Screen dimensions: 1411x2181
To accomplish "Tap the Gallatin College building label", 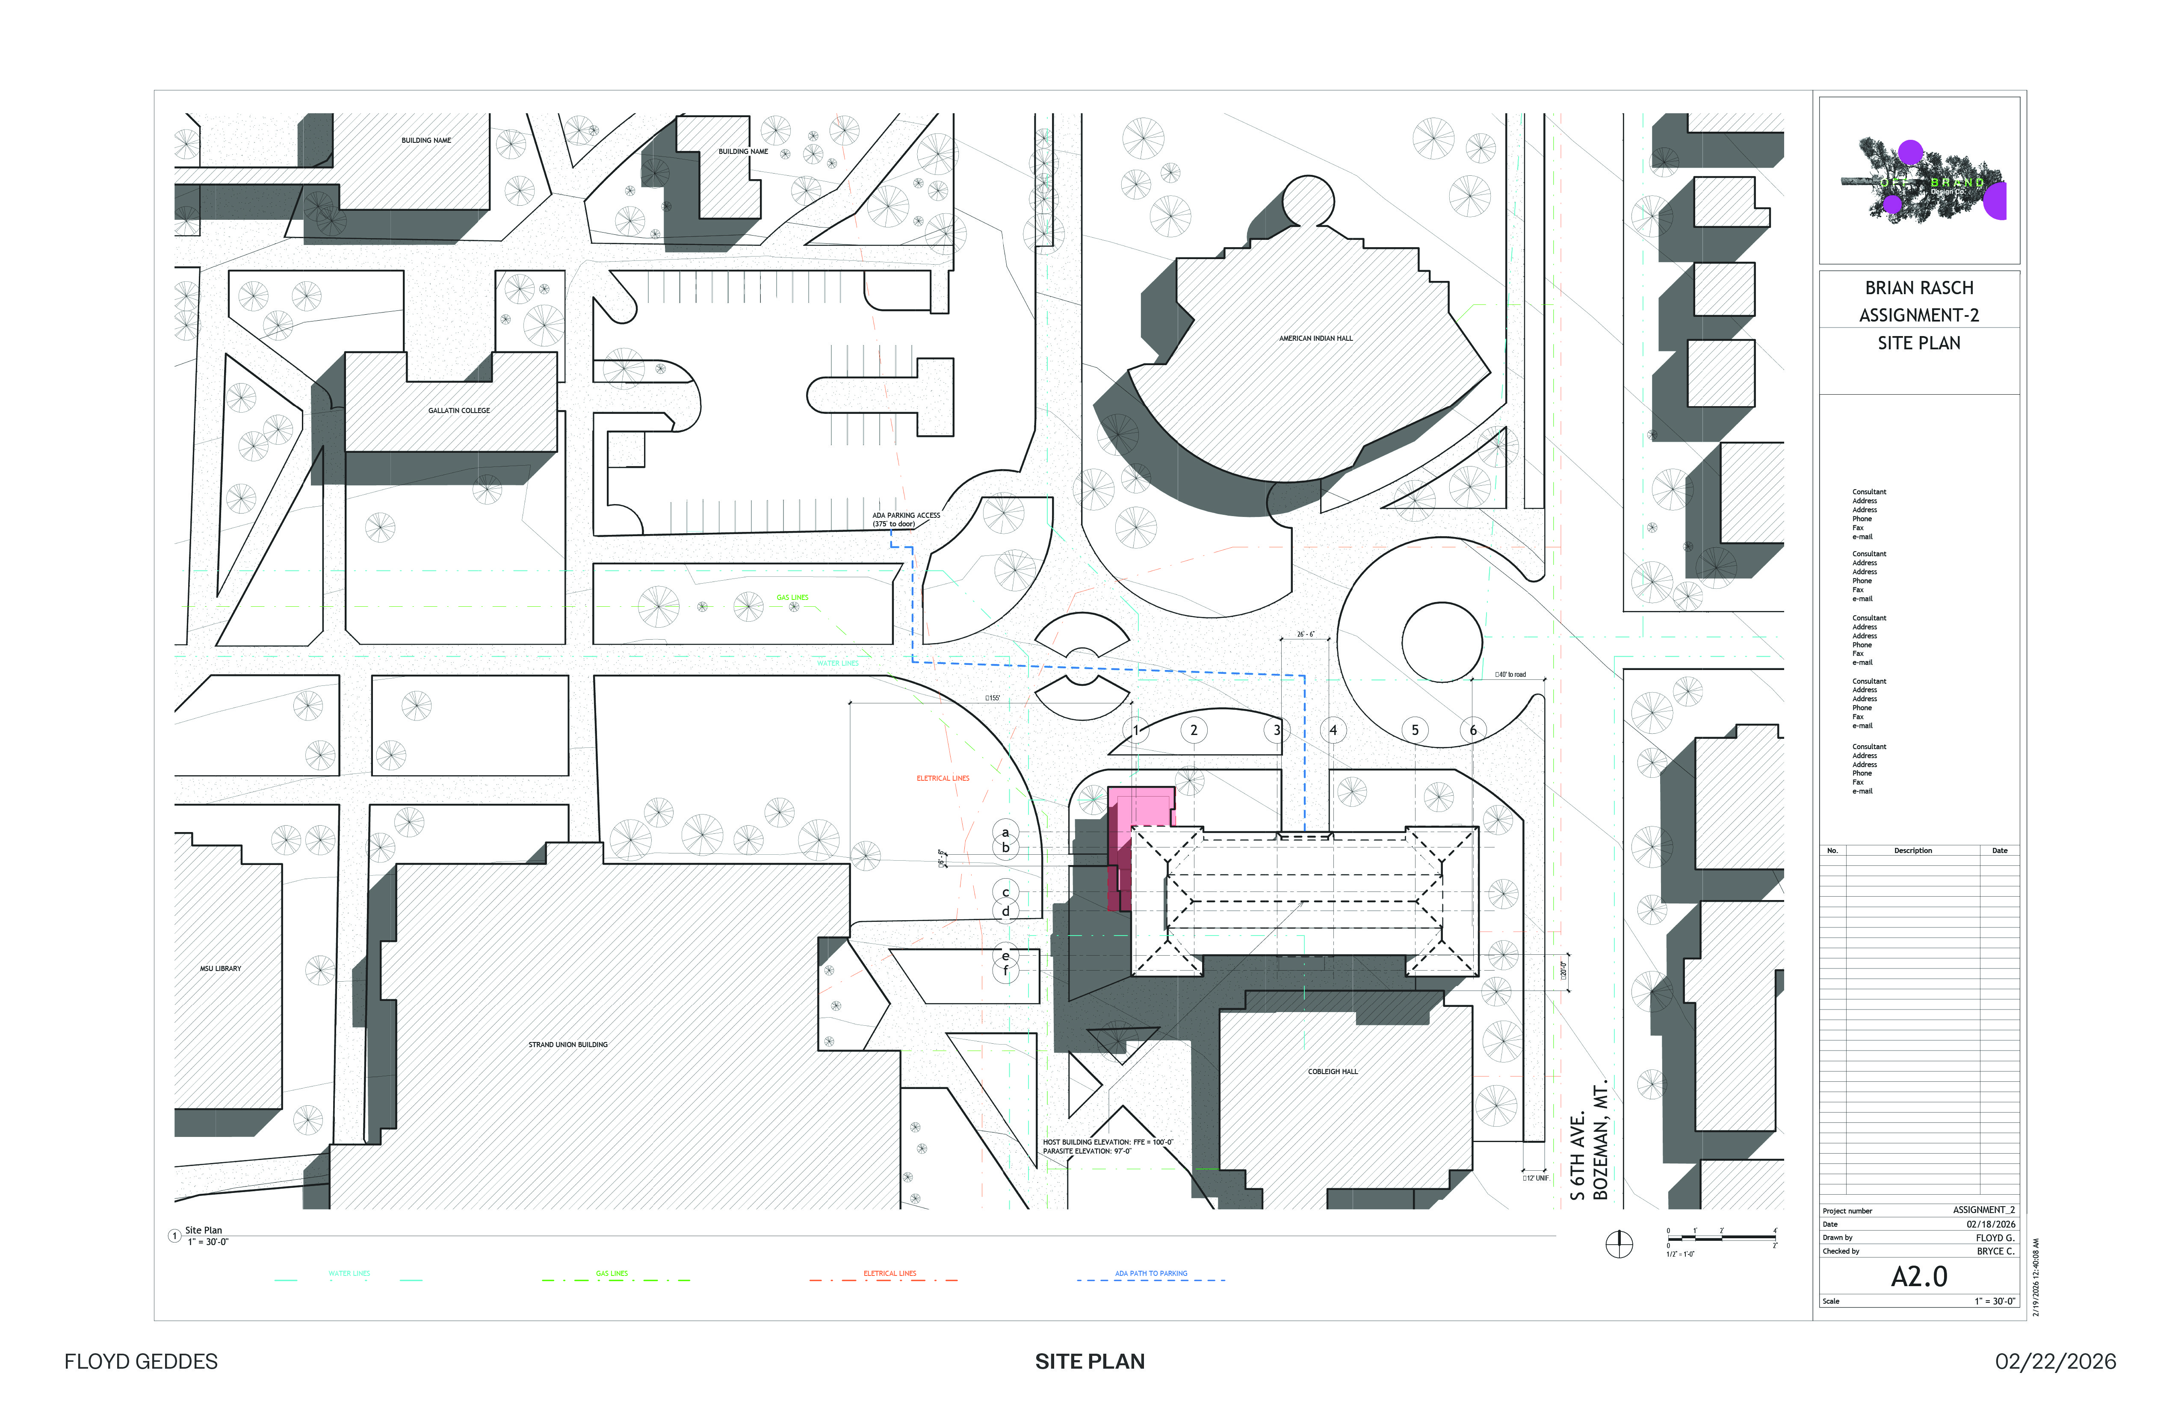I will pyautogui.click(x=459, y=410).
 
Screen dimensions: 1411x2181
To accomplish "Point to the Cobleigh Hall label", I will pyautogui.click(x=1333, y=1071).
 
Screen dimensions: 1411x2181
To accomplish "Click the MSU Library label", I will pyautogui.click(x=221, y=968).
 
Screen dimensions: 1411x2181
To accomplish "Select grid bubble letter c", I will pyautogui.click(x=1005, y=892).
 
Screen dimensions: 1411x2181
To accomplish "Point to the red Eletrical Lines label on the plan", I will pyautogui.click(x=943, y=778).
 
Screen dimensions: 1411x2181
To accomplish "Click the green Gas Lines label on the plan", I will pyautogui.click(x=793, y=597).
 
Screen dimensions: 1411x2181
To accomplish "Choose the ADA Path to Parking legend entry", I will pyautogui.click(x=1151, y=1274).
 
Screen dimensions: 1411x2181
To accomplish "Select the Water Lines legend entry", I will pyautogui.click(x=349, y=1274).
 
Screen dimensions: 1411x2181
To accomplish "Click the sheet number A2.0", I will pyautogui.click(x=1919, y=1276).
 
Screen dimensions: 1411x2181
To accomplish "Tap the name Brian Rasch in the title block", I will pyautogui.click(x=1919, y=288).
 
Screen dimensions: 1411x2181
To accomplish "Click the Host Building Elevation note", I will pyautogui.click(x=1107, y=1142).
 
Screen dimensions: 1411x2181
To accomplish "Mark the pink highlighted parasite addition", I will pyautogui.click(x=1141, y=806).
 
